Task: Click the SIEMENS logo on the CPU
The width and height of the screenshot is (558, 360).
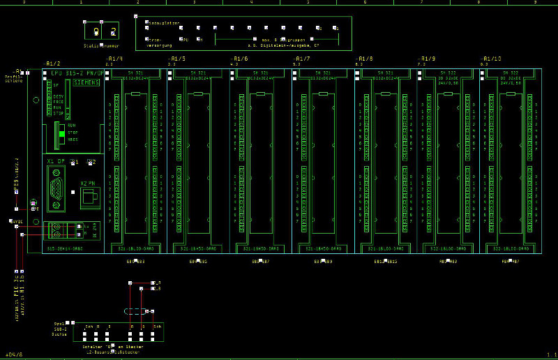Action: tap(86, 82)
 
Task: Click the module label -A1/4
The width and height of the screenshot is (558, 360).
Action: tap(114, 59)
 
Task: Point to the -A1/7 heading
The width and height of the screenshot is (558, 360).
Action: tap(303, 59)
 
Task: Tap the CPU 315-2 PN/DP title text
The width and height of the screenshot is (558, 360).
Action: tap(77, 73)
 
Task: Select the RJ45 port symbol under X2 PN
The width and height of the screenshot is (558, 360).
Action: tap(89, 197)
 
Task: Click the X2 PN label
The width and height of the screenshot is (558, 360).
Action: tap(87, 182)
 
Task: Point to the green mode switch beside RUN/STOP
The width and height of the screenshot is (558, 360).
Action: tap(61, 133)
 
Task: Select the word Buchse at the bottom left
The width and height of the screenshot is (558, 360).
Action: tap(61, 334)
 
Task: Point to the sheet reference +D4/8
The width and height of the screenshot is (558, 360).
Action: tap(14, 354)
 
